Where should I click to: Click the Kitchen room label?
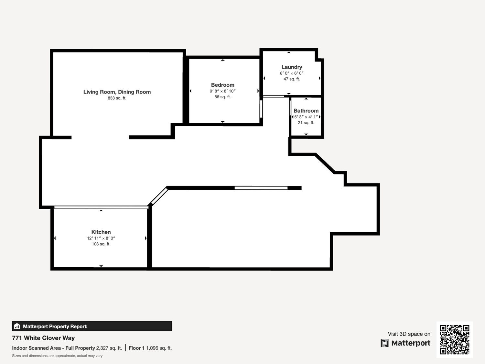click(101, 232)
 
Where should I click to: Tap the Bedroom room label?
click(222, 85)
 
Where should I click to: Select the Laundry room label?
click(292, 67)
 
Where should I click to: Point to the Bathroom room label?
click(306, 111)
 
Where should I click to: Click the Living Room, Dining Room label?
click(117, 92)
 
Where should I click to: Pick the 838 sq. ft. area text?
click(117, 98)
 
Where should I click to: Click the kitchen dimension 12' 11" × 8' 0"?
click(101, 238)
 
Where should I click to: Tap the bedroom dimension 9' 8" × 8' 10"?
click(222, 91)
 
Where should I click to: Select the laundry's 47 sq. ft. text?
click(292, 79)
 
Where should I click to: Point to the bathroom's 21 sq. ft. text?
click(306, 123)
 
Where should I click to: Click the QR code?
click(455, 339)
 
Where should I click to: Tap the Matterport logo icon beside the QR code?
click(385, 343)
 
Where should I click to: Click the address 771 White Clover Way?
click(43, 338)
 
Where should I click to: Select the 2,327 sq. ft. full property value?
click(109, 348)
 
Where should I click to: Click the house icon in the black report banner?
click(17, 326)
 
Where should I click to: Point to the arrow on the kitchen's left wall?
click(55, 238)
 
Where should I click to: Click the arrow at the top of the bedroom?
click(223, 60)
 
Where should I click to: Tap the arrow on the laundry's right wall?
click(319, 78)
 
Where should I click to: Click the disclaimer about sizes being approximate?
click(57, 356)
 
